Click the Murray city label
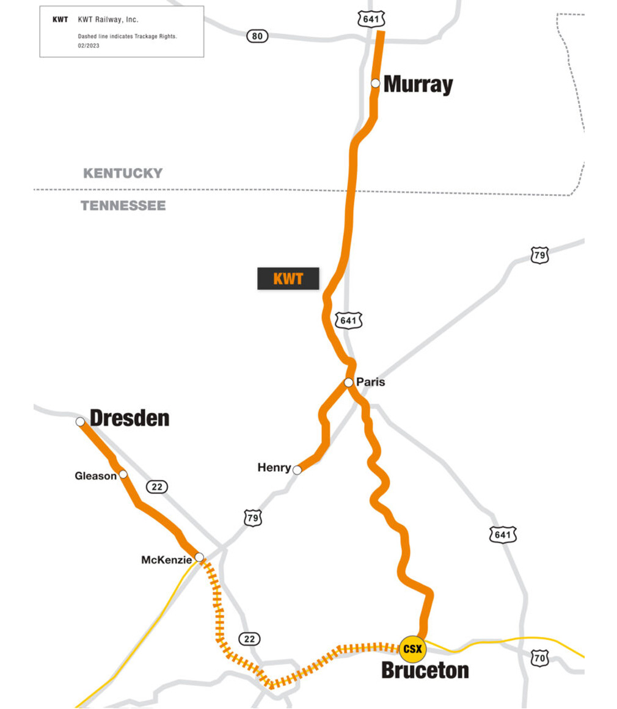tap(418, 84)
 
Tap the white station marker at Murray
tap(376, 83)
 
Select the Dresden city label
tap(130, 418)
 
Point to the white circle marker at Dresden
tap(80, 421)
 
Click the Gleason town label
tap(95, 476)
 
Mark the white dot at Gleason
tap(123, 474)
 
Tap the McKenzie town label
tap(167, 559)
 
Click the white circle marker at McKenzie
tap(199, 557)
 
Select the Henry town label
tap(274, 468)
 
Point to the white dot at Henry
tap(298, 470)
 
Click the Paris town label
tap(371, 382)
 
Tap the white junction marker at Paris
tap(348, 382)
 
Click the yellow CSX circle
tap(412, 649)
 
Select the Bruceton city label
tap(425, 671)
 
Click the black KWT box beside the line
tap(288, 278)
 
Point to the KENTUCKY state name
tap(123, 173)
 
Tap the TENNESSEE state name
tap(123, 206)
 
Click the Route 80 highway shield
tap(257, 36)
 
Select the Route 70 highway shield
tap(540, 658)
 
